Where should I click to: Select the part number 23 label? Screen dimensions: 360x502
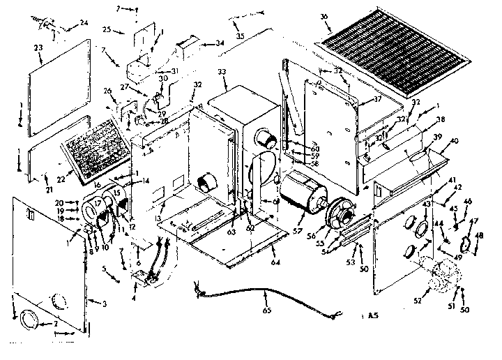coord(39,47)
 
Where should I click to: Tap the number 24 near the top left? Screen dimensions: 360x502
coord(84,23)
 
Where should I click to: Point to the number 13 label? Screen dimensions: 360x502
coord(160,218)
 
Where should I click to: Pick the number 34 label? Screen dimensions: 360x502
coord(220,43)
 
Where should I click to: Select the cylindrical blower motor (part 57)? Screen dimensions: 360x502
coord(301,192)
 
